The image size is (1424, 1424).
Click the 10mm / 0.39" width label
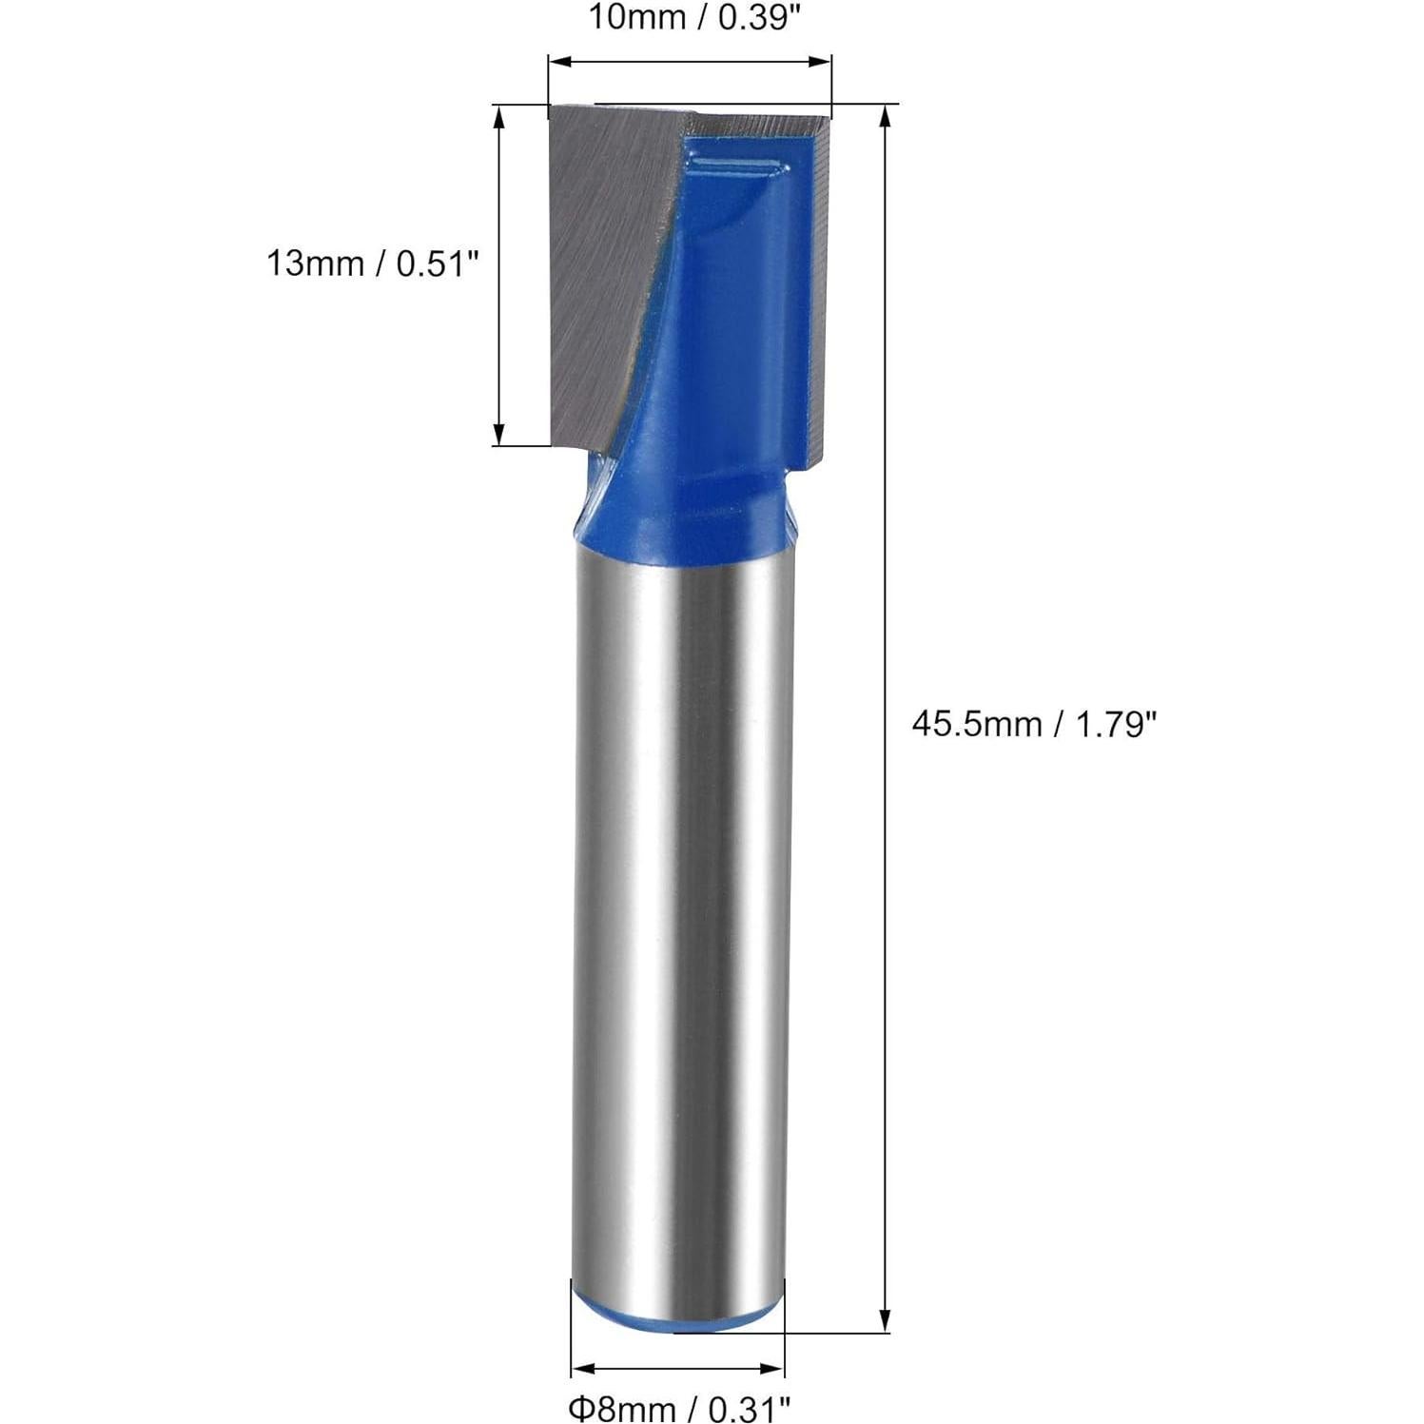pos(690,18)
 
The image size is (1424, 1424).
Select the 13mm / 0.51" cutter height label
pos(370,263)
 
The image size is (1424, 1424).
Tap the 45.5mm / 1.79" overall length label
pos(1034,725)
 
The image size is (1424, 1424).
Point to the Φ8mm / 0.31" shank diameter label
pos(679,1405)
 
